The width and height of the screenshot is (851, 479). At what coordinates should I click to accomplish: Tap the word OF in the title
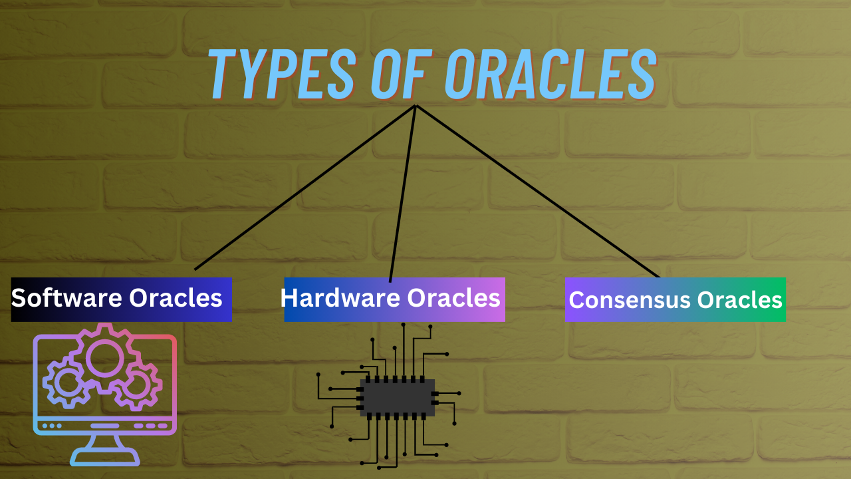pyautogui.click(x=402, y=74)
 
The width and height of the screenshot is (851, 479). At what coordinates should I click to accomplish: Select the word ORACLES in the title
pyautogui.click(x=551, y=74)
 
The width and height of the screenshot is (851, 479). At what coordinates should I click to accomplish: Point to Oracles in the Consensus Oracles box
pyautogui.click(x=739, y=300)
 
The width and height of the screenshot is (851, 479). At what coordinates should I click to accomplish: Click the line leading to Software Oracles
pyautogui.click(x=304, y=188)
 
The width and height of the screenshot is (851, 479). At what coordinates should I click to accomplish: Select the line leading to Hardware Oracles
pyautogui.click(x=403, y=194)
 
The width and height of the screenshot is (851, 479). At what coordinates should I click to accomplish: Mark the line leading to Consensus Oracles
pyautogui.click(x=538, y=191)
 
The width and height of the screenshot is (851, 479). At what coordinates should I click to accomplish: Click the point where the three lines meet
pyautogui.click(x=416, y=106)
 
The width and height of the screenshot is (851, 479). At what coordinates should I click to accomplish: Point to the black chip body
pyautogui.click(x=398, y=398)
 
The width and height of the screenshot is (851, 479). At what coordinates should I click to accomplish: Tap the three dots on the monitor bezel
pyautogui.click(x=52, y=425)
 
